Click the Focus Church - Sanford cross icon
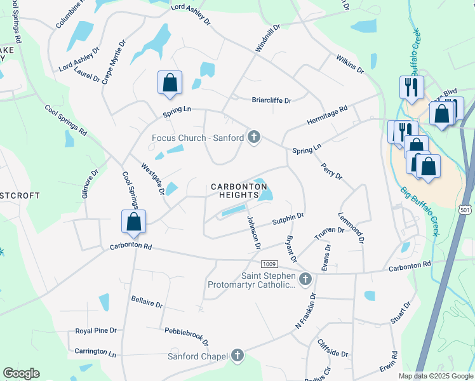[x=254, y=137]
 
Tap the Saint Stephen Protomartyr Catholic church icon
[x=305, y=279]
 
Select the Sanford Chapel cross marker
[x=237, y=356]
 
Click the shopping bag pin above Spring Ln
[x=170, y=83]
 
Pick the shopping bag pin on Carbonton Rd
[x=133, y=222]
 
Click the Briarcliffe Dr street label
[x=271, y=100]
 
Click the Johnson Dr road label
[x=254, y=232]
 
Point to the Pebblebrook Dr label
[x=187, y=337]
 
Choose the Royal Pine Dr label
[x=96, y=331]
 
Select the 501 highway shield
[x=465, y=210]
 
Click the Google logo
[x=21, y=373]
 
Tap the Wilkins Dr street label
[x=350, y=63]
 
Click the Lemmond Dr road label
[x=351, y=228]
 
